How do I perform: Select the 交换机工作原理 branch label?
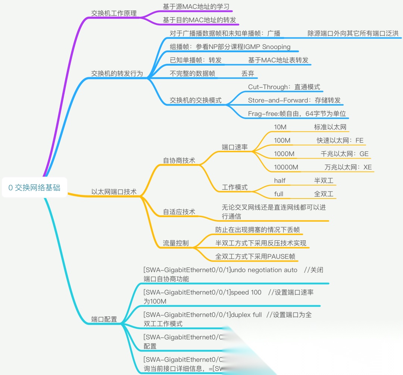[x=114, y=13]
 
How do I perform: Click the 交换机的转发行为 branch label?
[x=117, y=73]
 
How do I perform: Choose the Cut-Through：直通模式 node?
[x=284, y=87]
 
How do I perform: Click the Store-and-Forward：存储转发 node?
[x=294, y=100]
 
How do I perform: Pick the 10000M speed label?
[x=286, y=167]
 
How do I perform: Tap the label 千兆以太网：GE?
[x=344, y=154]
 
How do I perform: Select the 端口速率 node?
[x=235, y=147]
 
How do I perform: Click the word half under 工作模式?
[x=279, y=181]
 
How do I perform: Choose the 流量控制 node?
[x=175, y=243]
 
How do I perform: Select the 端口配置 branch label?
[x=104, y=319]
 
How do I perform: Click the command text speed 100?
[x=246, y=292]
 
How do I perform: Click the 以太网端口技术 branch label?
[x=114, y=192]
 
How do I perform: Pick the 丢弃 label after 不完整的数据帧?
[x=248, y=74]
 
